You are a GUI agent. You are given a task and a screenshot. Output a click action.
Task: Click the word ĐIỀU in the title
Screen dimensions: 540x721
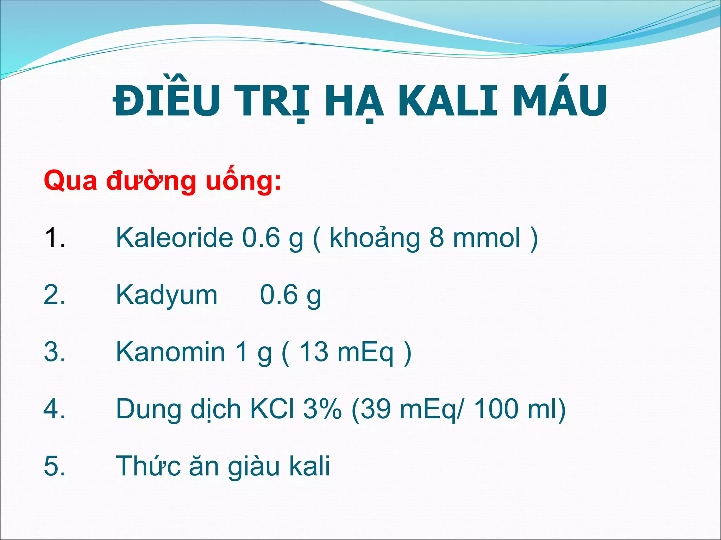tap(165, 100)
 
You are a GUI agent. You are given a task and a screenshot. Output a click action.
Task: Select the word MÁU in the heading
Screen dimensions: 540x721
tap(560, 100)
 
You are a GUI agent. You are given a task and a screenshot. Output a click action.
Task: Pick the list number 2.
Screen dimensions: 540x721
tap(54, 295)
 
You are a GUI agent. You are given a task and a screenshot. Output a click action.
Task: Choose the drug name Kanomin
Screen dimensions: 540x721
tap(170, 352)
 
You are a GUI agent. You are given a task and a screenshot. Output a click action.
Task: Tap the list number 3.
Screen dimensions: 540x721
tap(54, 352)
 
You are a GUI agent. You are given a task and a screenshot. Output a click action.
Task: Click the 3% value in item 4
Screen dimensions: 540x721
tap(322, 409)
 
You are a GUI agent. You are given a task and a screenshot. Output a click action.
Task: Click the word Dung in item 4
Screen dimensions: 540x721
tap(148, 410)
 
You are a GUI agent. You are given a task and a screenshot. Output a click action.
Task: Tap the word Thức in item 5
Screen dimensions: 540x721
tap(148, 466)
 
